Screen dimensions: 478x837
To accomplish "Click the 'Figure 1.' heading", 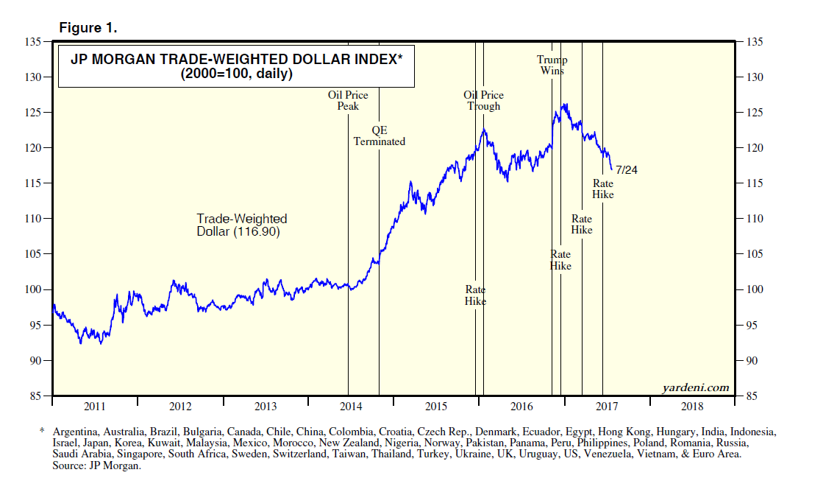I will tap(88, 28).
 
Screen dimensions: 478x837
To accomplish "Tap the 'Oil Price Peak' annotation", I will tap(348, 100).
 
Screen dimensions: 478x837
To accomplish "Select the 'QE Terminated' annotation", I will tap(380, 136).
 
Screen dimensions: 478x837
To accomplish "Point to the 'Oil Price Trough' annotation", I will tap(483, 100).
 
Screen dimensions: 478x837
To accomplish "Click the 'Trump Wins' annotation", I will tap(552, 66).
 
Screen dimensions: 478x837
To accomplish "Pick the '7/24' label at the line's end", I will tap(626, 169).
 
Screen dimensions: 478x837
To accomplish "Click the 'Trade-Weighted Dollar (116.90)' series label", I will tap(241, 225).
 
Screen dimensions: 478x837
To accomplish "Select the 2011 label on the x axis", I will tap(95, 407).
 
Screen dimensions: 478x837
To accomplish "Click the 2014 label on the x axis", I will tap(351, 407).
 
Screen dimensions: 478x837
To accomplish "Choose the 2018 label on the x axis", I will tap(691, 407).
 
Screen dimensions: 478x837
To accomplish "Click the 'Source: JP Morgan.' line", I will tap(96, 466).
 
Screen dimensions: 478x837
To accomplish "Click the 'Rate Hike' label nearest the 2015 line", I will tap(475, 295).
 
